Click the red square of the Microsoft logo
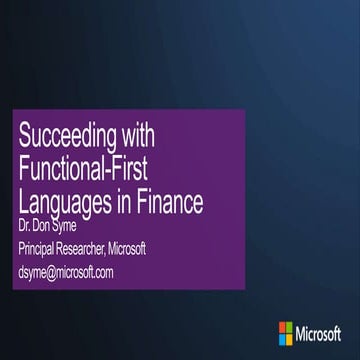coord(284,325)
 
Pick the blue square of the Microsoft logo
coord(284,335)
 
